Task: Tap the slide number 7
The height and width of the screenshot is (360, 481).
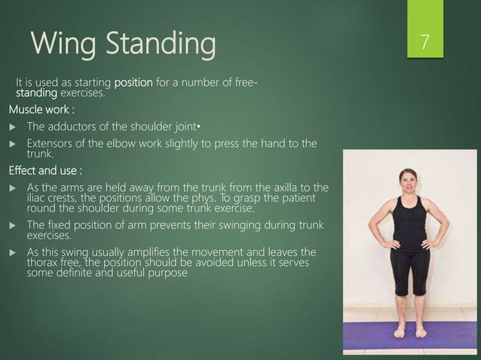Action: (x=426, y=43)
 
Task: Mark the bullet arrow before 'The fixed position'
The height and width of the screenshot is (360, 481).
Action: (x=12, y=224)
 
